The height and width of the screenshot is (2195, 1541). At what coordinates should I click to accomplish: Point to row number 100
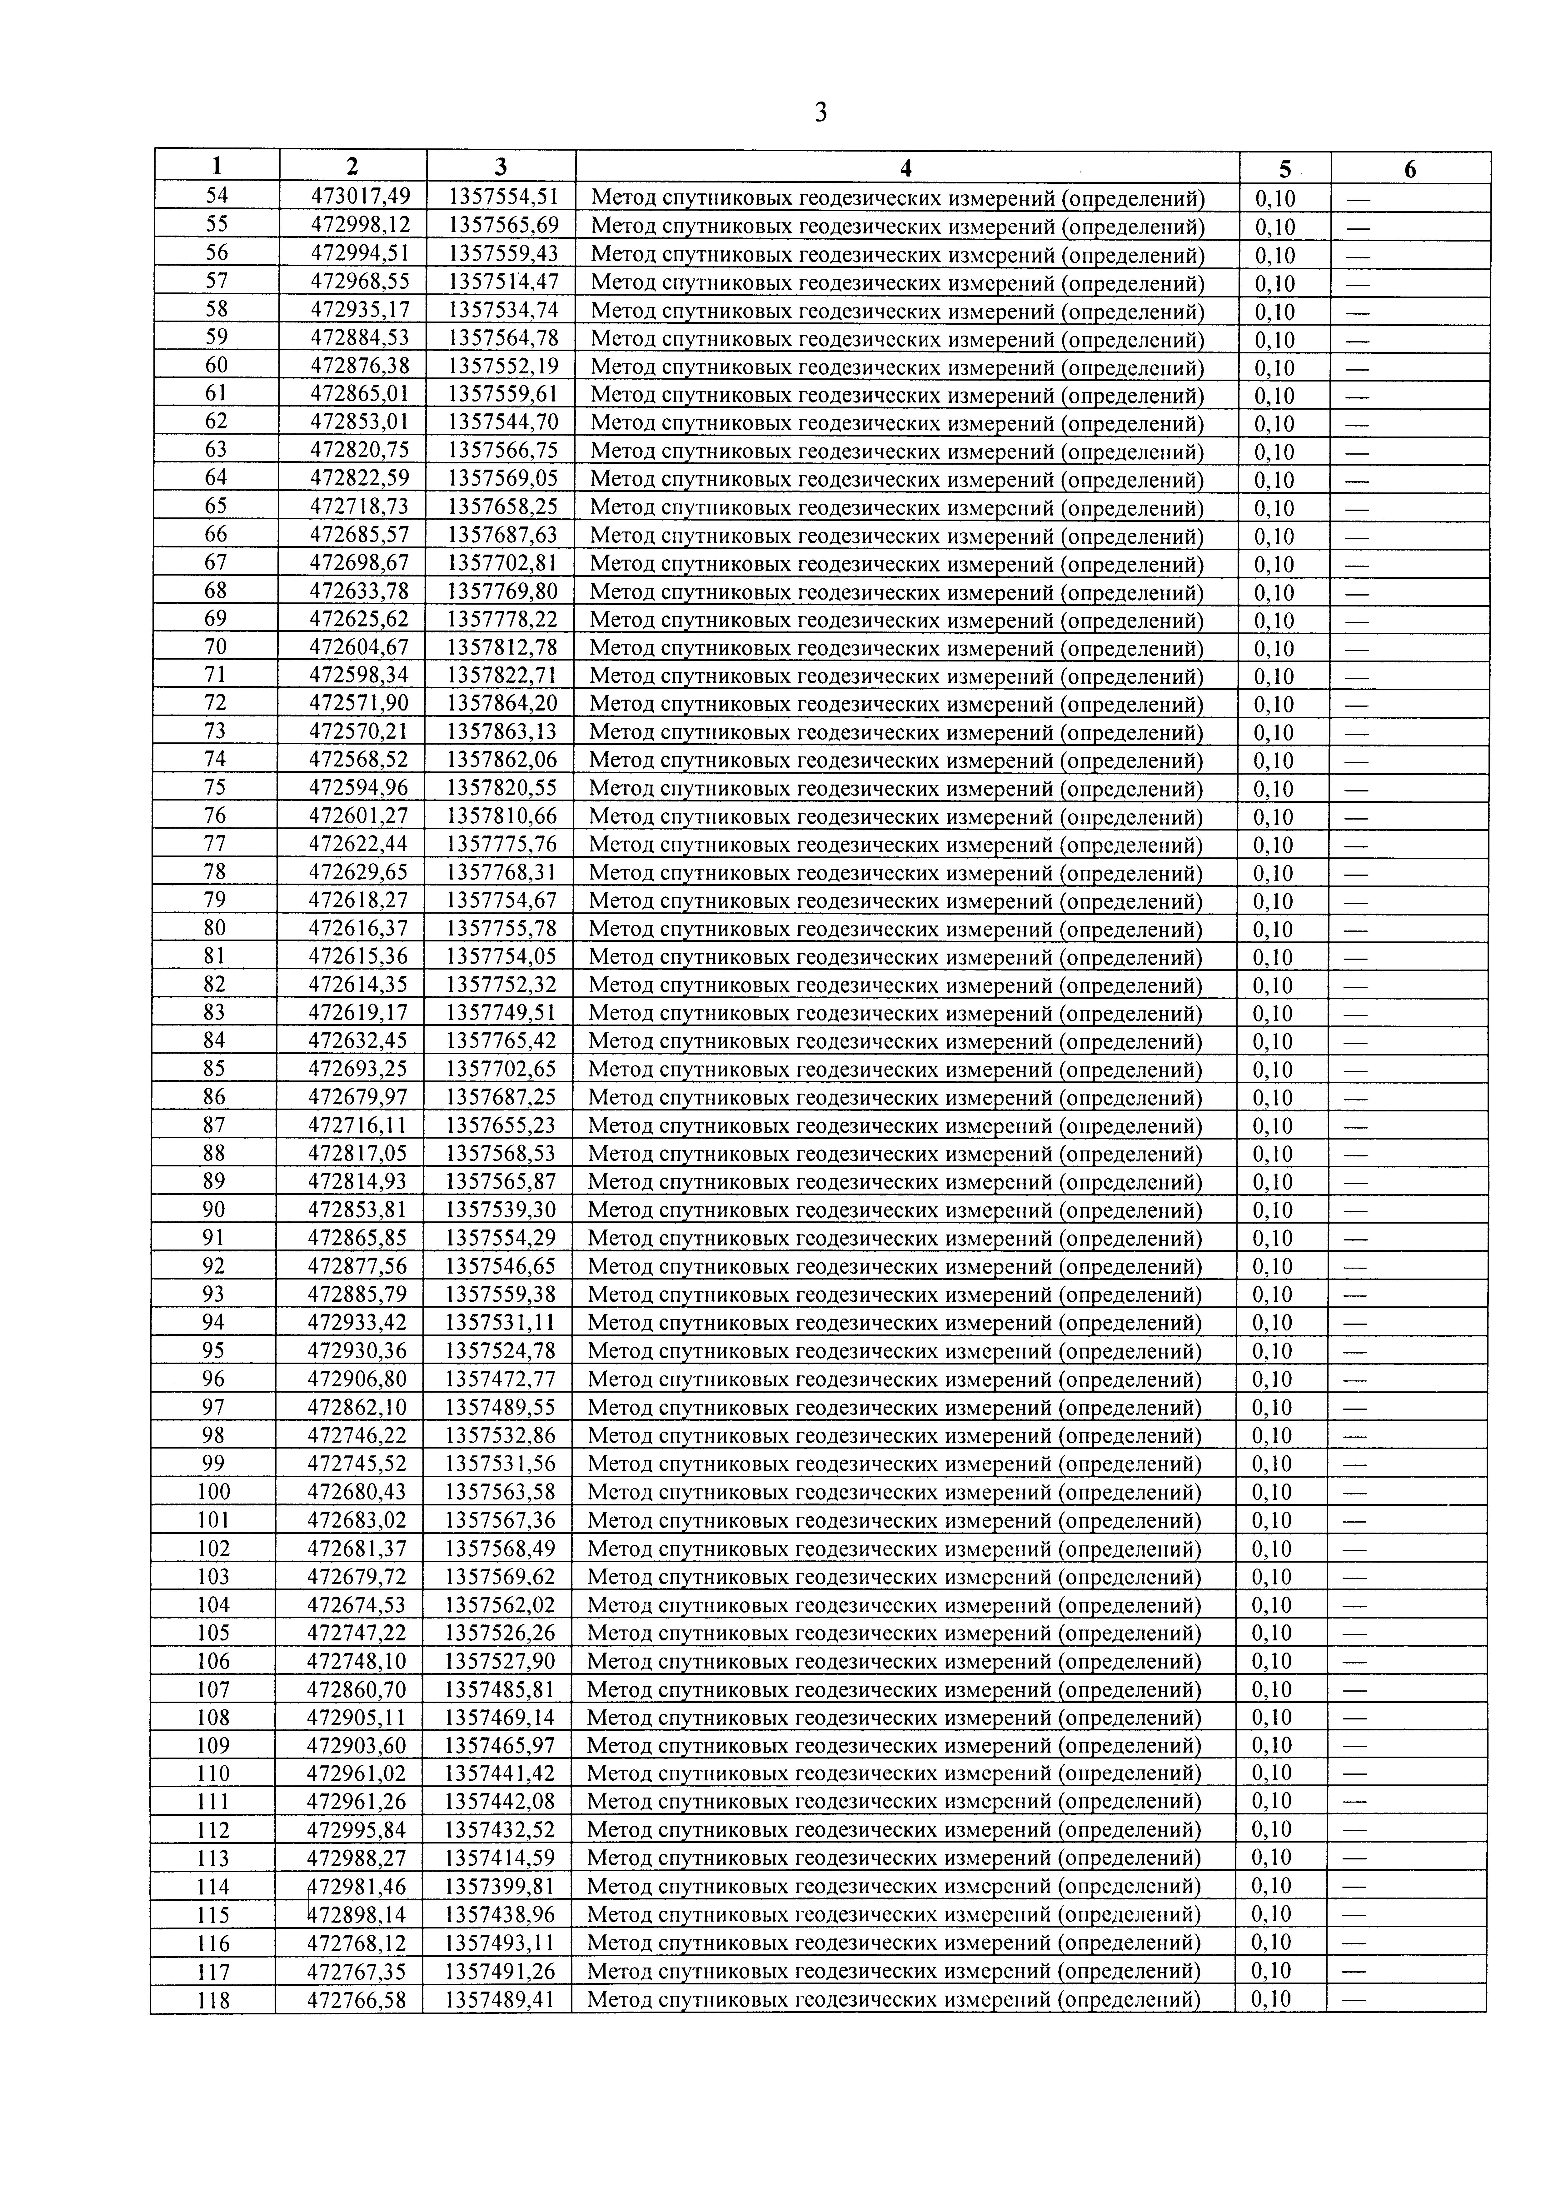click(214, 1491)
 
